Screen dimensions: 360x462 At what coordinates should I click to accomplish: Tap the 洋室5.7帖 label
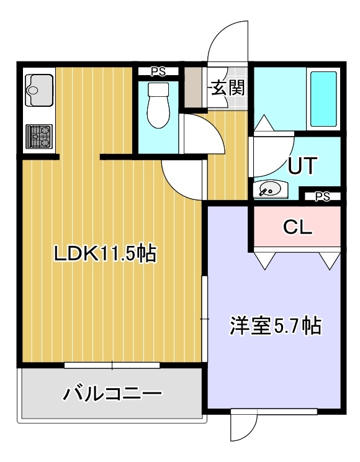275,325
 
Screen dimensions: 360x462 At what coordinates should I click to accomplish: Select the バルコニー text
112,393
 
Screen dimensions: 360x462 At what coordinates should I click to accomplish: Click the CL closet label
297,227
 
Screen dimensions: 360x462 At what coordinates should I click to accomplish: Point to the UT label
302,166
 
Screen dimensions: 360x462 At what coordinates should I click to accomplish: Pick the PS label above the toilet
158,71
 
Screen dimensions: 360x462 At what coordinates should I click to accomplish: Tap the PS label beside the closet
322,196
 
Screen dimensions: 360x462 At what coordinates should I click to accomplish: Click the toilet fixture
158,105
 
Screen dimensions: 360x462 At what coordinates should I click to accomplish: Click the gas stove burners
39,137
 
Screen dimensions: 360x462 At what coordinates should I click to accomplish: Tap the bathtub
323,99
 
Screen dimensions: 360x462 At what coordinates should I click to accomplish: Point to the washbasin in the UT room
271,189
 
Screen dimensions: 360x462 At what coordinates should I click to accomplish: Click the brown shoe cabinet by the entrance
193,87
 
